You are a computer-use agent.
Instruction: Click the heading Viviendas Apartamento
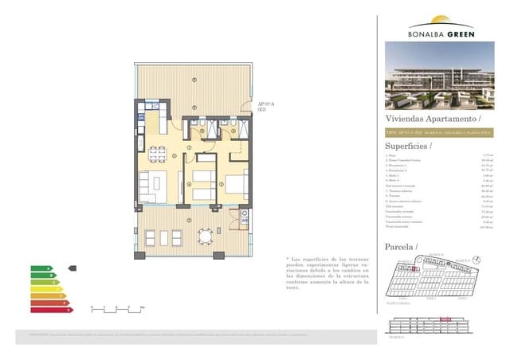(426, 118)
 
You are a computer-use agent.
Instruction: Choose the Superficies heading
(408, 146)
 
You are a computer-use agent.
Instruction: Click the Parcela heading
(402, 247)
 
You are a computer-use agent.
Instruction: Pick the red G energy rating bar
(50, 311)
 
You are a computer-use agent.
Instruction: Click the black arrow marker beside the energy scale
(73, 268)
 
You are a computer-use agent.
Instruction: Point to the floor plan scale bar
(116, 307)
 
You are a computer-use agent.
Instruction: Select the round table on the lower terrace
(206, 236)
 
